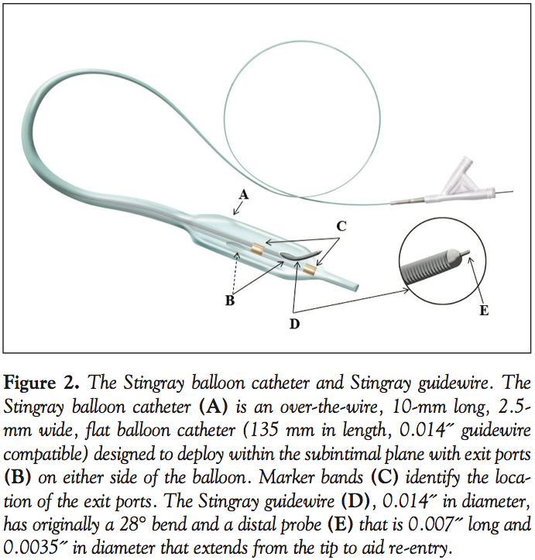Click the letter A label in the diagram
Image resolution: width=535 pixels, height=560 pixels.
pyautogui.click(x=244, y=196)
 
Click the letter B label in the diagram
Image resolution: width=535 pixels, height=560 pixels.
pyautogui.click(x=230, y=301)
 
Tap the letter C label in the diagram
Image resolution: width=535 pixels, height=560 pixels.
pyautogui.click(x=341, y=226)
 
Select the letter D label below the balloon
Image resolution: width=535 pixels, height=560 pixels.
pyautogui.click(x=294, y=324)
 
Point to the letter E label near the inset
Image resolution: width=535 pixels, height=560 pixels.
pyautogui.click(x=485, y=311)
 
